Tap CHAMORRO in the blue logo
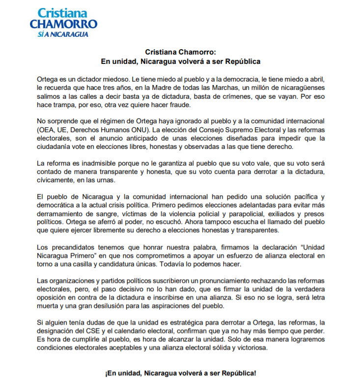63,24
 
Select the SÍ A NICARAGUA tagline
63,34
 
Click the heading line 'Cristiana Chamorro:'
180,52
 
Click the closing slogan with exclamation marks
180,373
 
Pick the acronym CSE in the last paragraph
86,332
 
